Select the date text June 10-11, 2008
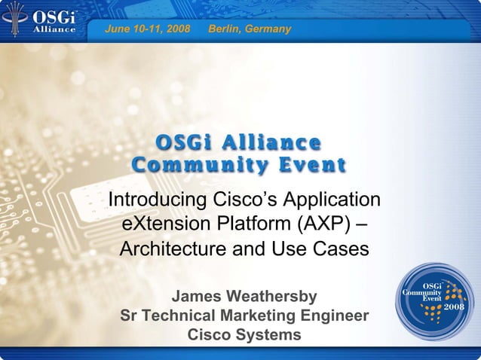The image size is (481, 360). pyautogui.click(x=147, y=29)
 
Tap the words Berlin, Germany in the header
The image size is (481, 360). pyautogui.click(x=249, y=29)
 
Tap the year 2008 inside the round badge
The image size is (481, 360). pyautogui.click(x=454, y=307)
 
